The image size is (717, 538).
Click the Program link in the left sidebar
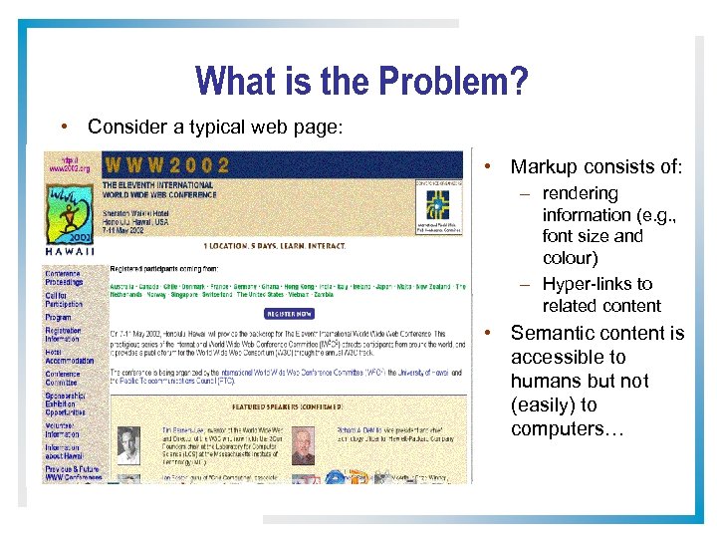[x=58, y=318]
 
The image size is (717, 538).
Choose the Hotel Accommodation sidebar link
[x=69, y=356]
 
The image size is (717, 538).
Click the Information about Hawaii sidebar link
[x=62, y=451]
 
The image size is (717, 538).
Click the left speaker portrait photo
[x=128, y=445]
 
